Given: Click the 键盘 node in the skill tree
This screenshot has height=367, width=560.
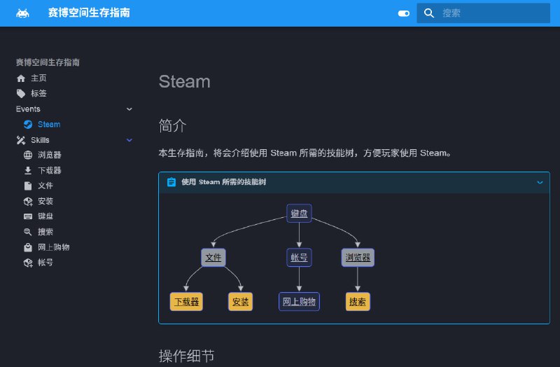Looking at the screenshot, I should pos(299,213).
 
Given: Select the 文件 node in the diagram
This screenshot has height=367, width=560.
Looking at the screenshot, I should pos(213,257).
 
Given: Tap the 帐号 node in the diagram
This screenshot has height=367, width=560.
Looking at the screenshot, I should pos(299,257).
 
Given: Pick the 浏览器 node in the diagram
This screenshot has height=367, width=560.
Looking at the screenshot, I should pos(358,257).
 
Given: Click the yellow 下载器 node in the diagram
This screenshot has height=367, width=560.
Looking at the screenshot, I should pos(186,302).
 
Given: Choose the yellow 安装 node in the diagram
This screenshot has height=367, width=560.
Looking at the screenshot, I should pos(240,302).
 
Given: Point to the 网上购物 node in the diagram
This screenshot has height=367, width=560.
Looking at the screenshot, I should pos(299,302).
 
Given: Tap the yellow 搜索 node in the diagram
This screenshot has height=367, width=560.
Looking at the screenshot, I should pos(358,302).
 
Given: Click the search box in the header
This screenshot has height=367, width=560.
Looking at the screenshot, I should pos(490,13).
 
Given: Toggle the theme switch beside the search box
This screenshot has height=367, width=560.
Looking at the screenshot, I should pos(403,13).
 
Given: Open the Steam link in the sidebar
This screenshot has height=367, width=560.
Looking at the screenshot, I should pos(49,125).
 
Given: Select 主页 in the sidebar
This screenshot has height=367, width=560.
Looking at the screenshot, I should pos(38,78).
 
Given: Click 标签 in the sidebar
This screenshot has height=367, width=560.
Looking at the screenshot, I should pos(38,94).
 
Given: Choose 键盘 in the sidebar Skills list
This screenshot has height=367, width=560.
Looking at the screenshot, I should pos(45,216).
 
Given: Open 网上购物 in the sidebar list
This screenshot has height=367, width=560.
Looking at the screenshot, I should pos(53,247).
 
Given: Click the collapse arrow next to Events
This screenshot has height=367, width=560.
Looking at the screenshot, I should pos(129,109).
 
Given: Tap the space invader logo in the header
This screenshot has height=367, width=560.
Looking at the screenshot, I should pos(23,13).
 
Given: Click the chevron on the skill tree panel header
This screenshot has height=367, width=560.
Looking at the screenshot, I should pos(540,182).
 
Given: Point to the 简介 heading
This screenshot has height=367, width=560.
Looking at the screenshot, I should pos(173,125).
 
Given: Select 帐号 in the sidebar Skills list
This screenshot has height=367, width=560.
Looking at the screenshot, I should pos(45,263).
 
